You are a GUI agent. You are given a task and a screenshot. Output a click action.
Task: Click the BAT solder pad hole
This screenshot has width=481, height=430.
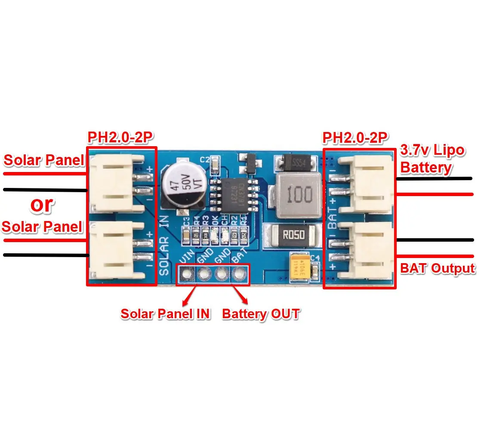tap(238, 273)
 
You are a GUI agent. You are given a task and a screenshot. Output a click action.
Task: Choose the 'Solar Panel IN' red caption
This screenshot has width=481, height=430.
tap(165, 314)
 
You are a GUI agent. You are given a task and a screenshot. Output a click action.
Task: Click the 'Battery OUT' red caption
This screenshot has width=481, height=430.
tap(260, 314)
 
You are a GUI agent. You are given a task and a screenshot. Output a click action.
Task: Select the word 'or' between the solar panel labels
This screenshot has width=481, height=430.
tap(42, 206)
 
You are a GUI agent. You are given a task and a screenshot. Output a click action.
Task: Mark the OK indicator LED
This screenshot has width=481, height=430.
tap(215, 235)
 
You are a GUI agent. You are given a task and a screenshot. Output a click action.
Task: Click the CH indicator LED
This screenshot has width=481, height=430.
tap(224, 235)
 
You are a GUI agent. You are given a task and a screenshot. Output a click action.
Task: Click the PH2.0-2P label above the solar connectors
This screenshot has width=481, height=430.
tap(121, 138)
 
